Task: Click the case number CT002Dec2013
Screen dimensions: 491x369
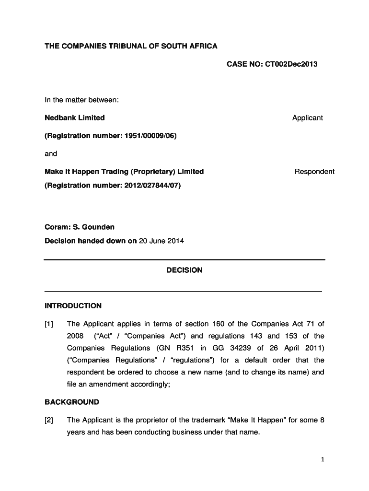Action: tap(289, 64)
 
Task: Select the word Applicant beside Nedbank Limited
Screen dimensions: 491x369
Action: tap(307, 117)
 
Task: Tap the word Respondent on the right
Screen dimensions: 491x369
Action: tap(314, 172)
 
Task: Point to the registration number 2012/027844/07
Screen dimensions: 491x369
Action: tap(153, 185)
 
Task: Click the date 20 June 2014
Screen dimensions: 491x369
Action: tap(161, 241)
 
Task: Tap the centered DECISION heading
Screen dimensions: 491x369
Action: tap(184, 270)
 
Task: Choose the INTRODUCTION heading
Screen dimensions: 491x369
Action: tap(73, 306)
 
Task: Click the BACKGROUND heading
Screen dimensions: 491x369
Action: tap(72, 402)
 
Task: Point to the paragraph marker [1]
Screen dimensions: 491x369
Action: tap(49, 324)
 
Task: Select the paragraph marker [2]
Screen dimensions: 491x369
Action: tap(49, 420)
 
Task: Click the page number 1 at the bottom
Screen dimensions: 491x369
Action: tap(323, 460)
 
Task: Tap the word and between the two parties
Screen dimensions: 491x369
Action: tap(51, 153)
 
